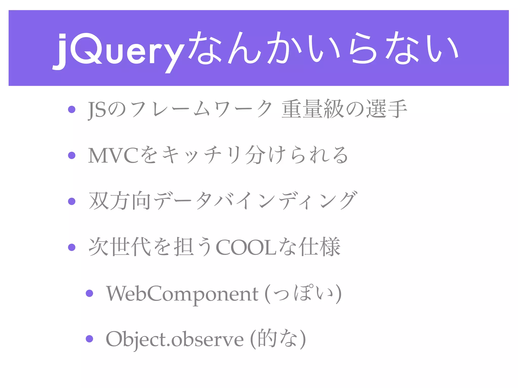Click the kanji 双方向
120,201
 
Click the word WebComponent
182,294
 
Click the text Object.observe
175,339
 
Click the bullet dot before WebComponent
90,293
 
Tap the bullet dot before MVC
72,155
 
